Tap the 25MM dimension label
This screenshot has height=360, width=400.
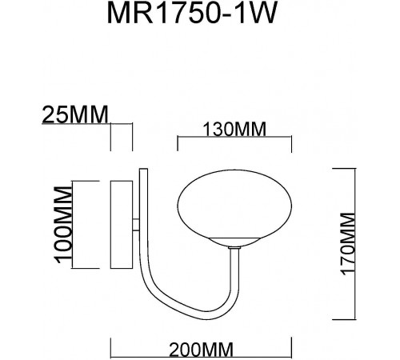(x=74, y=117)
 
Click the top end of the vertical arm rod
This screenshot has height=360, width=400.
(x=142, y=170)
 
